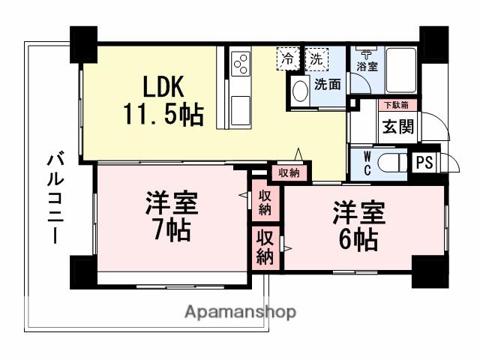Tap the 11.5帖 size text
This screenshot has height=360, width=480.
(163, 115)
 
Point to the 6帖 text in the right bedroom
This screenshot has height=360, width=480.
(358, 240)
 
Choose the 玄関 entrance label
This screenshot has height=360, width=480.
(398, 127)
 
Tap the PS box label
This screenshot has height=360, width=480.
(424, 162)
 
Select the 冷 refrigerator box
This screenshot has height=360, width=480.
(287, 58)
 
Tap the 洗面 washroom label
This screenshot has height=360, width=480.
(328, 84)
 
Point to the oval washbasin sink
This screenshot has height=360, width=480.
(300, 91)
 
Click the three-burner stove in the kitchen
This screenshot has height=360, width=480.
(241, 64)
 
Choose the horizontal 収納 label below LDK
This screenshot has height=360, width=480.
(289, 172)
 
